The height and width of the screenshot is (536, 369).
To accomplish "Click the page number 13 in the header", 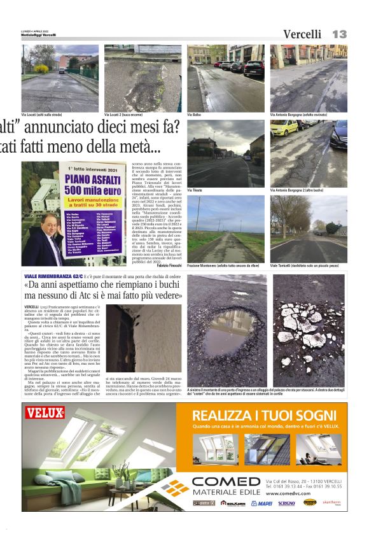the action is pyautogui.click(x=339, y=34).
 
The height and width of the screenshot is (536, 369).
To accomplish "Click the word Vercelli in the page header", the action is pyautogui.click(x=302, y=34).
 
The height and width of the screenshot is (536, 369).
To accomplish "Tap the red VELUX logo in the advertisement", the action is pyautogui.click(x=45, y=413).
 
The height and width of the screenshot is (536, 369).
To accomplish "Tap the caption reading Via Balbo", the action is pyautogui.click(x=194, y=115).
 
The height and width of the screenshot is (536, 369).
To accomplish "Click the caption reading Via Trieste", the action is pyautogui.click(x=195, y=190).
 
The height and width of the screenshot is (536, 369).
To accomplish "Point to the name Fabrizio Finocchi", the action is pyautogui.click(x=169, y=264).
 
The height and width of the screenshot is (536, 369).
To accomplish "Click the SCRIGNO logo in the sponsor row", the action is pyautogui.click(x=286, y=503).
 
